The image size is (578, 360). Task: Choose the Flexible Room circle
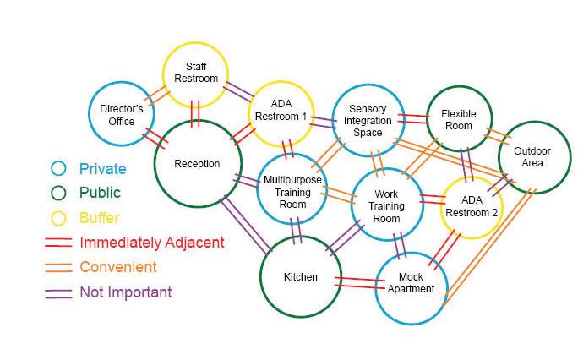tap(458, 120)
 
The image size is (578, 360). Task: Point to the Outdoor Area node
tap(532, 157)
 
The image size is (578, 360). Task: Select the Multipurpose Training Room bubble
tap(292, 187)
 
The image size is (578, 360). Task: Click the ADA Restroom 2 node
tap(472, 206)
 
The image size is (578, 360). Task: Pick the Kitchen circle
tap(301, 276)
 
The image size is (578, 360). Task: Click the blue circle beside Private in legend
tap(57, 169)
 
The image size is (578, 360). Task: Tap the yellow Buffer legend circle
tap(57, 218)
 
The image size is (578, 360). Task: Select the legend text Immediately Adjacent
tap(152, 243)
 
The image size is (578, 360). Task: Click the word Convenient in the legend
tap(118, 267)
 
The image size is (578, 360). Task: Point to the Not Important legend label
tap(126, 292)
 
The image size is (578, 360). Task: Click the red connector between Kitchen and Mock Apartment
tap(356, 282)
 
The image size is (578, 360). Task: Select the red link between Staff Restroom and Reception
tap(195, 113)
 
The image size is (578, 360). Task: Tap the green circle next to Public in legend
tap(57, 194)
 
